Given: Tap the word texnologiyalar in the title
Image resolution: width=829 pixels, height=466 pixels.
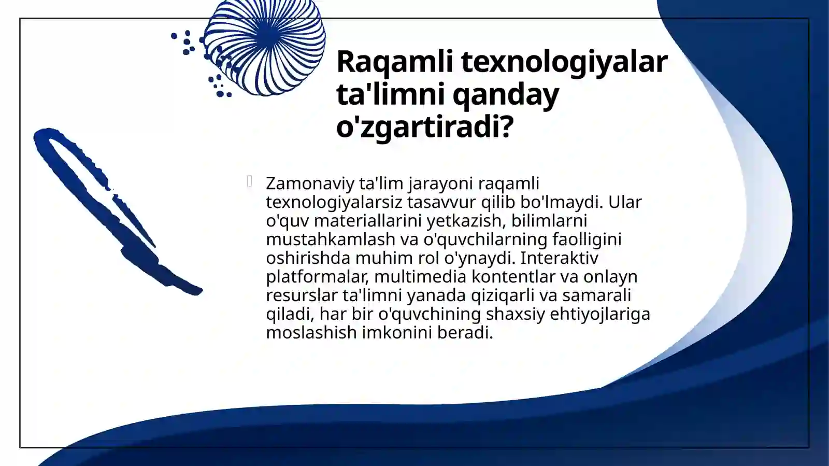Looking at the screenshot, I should [x=564, y=62].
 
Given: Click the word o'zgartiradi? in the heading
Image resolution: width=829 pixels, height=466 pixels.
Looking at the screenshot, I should [x=424, y=127].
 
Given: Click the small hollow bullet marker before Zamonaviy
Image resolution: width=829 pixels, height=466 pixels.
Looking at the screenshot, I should [x=250, y=181].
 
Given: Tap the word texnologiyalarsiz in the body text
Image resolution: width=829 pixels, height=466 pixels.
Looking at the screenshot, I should [x=334, y=202].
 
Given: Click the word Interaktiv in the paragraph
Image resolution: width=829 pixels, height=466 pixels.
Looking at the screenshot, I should [x=559, y=258].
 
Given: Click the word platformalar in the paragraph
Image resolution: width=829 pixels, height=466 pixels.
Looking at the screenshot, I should [x=317, y=277].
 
